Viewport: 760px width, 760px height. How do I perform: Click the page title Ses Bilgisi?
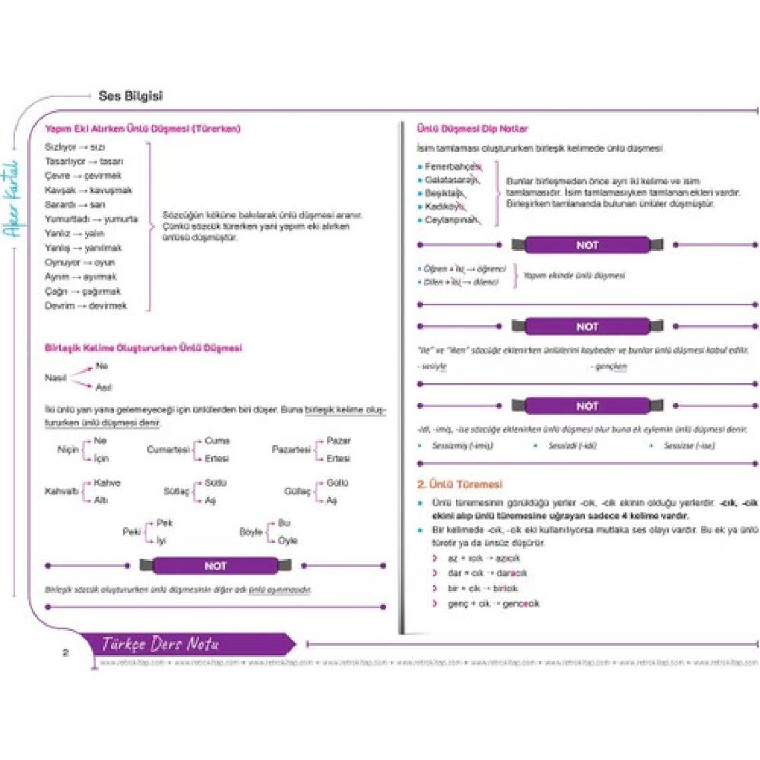[130, 96]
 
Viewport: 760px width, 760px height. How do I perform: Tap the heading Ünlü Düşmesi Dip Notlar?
[472, 129]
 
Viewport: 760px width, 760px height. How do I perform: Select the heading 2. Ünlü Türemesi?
[459, 485]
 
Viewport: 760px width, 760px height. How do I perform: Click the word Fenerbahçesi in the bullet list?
[453, 167]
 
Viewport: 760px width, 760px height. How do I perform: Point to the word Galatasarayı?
[451, 180]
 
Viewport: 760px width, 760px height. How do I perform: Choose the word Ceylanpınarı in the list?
[452, 219]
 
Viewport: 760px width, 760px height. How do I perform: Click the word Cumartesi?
[168, 450]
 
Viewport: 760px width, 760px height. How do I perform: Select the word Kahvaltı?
[61, 492]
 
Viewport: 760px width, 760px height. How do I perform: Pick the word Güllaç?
[297, 492]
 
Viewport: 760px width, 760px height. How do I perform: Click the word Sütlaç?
[176, 492]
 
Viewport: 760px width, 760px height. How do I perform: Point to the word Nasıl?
[55, 378]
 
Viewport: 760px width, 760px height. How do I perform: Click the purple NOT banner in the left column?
[215, 566]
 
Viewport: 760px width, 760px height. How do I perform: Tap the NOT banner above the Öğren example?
[587, 245]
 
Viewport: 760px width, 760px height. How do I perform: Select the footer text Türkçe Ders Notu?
[160, 644]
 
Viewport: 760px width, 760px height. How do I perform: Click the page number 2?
[65, 653]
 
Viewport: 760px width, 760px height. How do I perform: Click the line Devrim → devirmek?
[85, 306]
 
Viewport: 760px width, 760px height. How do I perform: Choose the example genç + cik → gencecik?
[493, 604]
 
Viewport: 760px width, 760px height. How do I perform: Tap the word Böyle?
[251, 532]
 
